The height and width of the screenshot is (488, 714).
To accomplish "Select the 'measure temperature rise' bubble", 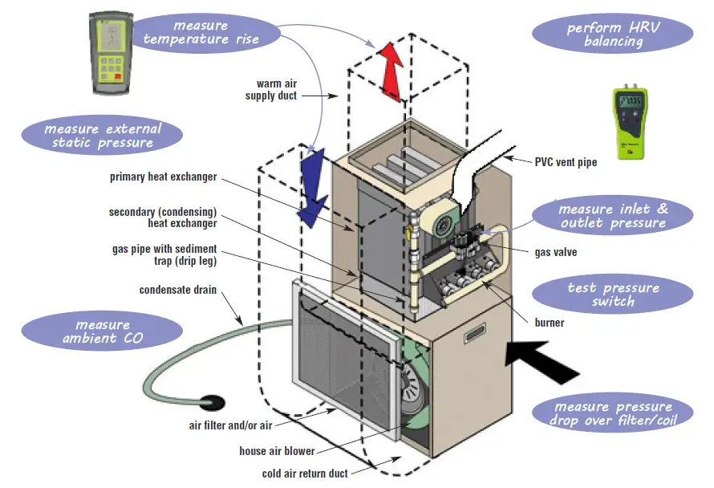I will [201, 31].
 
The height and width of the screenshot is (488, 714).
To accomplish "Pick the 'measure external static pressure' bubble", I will [102, 135].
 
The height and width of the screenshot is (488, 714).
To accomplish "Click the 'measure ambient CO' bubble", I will [101, 331].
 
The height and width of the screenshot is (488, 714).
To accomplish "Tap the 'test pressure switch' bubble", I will [612, 295].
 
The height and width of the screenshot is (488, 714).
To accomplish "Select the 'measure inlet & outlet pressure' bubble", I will [613, 215].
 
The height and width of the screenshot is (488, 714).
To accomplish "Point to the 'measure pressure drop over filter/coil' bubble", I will [612, 413].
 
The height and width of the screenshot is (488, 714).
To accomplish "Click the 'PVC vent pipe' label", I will [566, 162].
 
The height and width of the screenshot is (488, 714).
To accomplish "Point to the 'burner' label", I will [549, 323].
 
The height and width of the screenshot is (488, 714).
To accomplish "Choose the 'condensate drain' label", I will [178, 290].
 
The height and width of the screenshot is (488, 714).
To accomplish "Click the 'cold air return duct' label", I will [305, 474].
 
